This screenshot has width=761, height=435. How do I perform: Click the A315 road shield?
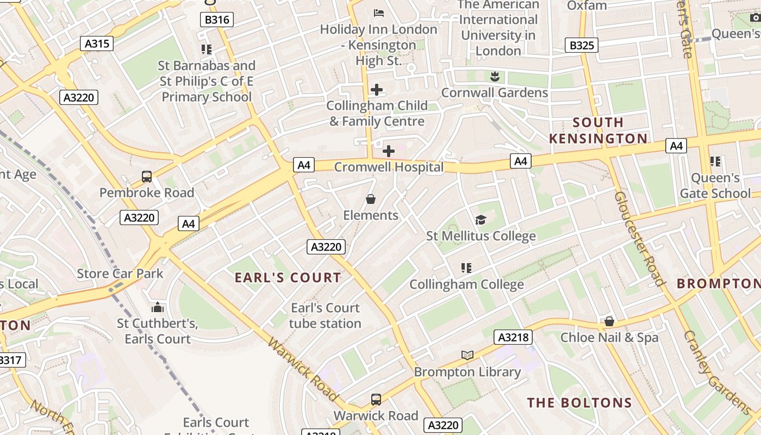pos(97,43)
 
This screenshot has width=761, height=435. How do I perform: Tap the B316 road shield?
pos(217,20)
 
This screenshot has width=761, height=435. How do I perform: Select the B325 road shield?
pos(582,45)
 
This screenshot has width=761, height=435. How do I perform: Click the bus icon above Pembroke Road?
pos(146,177)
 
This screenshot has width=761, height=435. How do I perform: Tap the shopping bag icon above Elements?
pos(371,200)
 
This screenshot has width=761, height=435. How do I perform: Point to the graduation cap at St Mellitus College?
pos(481,220)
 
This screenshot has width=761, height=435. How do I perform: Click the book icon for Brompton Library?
pos(467,356)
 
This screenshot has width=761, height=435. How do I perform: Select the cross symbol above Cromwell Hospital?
pos(388,151)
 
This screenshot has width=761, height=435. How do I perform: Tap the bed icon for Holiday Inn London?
pos(379,13)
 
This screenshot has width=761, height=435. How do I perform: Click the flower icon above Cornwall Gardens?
pos(495,76)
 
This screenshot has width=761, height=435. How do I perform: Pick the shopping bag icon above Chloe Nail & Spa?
pos(609,321)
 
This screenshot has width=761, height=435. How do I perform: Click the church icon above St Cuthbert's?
pos(158,307)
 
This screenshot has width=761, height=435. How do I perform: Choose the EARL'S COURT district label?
pos(288,278)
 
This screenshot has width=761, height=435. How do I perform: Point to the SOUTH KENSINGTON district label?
pos(598,130)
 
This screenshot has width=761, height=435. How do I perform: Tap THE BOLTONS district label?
pos(579,403)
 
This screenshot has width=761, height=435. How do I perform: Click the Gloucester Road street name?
pos(640,238)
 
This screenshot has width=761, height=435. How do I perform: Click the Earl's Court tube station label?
pos(325,316)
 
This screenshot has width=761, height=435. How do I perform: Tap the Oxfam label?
pos(587,5)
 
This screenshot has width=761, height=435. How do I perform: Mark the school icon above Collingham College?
pos(466,268)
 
